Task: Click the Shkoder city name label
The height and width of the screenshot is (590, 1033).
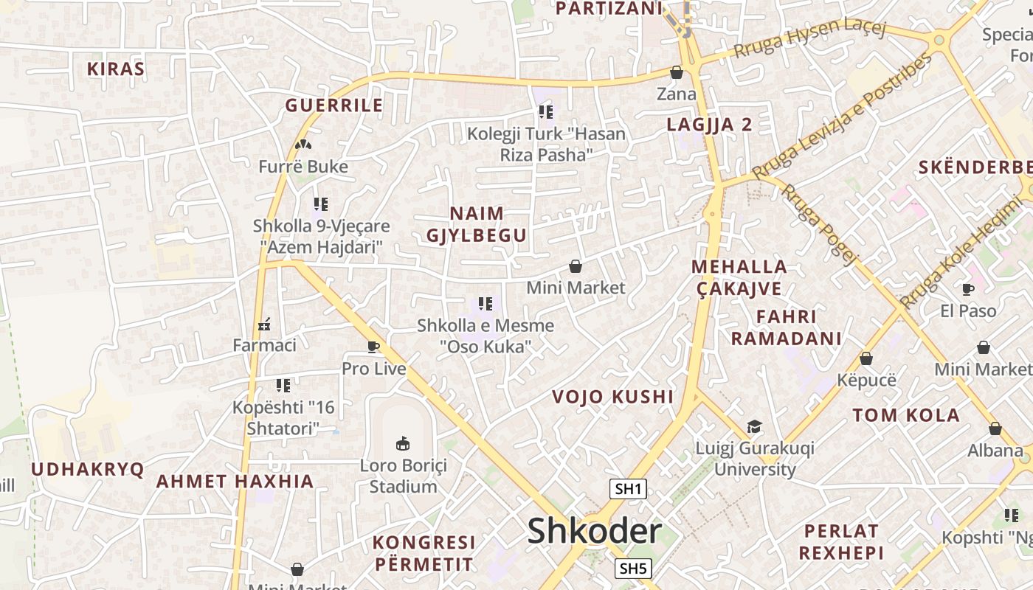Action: [594, 531]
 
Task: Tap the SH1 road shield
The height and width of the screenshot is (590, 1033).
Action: [628, 488]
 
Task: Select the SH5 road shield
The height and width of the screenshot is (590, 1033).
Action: [633, 568]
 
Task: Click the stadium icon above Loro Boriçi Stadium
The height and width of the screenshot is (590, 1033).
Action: [403, 443]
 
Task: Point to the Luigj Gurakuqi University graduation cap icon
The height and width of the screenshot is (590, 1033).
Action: [754, 426]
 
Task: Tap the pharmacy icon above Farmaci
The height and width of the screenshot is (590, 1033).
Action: [264, 324]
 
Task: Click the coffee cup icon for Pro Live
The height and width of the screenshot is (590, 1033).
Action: [373, 347]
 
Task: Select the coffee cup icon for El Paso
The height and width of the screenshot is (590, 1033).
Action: [968, 289]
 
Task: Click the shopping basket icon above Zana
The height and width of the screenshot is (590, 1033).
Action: [676, 72]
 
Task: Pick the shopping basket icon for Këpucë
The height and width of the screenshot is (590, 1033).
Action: [866, 358]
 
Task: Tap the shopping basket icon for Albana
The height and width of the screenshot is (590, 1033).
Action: [995, 428]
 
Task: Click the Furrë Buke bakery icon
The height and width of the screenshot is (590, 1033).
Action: [303, 145]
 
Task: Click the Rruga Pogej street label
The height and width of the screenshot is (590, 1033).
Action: [820, 223]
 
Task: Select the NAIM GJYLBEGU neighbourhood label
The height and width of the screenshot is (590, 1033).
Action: [477, 224]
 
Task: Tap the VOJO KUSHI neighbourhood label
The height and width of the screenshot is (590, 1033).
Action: [613, 397]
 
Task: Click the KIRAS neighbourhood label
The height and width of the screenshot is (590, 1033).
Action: [116, 69]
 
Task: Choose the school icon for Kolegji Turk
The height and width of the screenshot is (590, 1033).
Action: [546, 112]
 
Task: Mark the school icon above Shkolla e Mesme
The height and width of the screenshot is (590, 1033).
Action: [486, 303]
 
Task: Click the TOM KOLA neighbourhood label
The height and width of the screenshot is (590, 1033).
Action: [907, 415]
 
